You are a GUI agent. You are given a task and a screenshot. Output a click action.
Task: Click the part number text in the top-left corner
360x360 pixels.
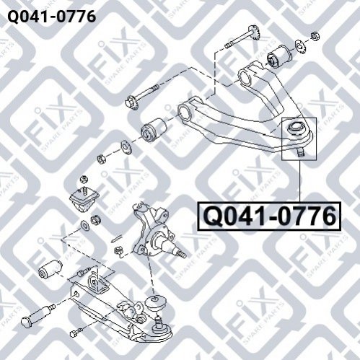click(x=52, y=17)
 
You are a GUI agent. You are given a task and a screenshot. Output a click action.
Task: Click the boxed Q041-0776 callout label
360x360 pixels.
click(x=269, y=216)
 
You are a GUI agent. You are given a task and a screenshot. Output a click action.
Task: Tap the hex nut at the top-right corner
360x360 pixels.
click(x=315, y=36)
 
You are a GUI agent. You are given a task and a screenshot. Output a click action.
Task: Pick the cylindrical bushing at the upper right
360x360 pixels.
click(x=279, y=56)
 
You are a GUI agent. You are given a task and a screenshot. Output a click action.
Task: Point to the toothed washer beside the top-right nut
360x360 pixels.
click(x=299, y=46)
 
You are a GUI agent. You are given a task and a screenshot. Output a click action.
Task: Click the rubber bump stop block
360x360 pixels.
click(x=84, y=198)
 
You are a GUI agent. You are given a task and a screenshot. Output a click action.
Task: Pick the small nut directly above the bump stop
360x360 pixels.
click(x=83, y=180)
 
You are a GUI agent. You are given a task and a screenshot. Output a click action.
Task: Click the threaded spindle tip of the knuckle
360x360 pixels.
click(x=181, y=253)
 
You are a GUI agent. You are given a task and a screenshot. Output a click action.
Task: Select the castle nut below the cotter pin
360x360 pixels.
click(x=119, y=250)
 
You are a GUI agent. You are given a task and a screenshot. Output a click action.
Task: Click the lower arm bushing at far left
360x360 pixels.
click(x=51, y=268)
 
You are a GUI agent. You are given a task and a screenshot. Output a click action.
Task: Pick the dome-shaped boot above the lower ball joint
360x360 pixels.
click(x=155, y=304)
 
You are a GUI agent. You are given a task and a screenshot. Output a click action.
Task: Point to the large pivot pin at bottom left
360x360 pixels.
click(x=38, y=315)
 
